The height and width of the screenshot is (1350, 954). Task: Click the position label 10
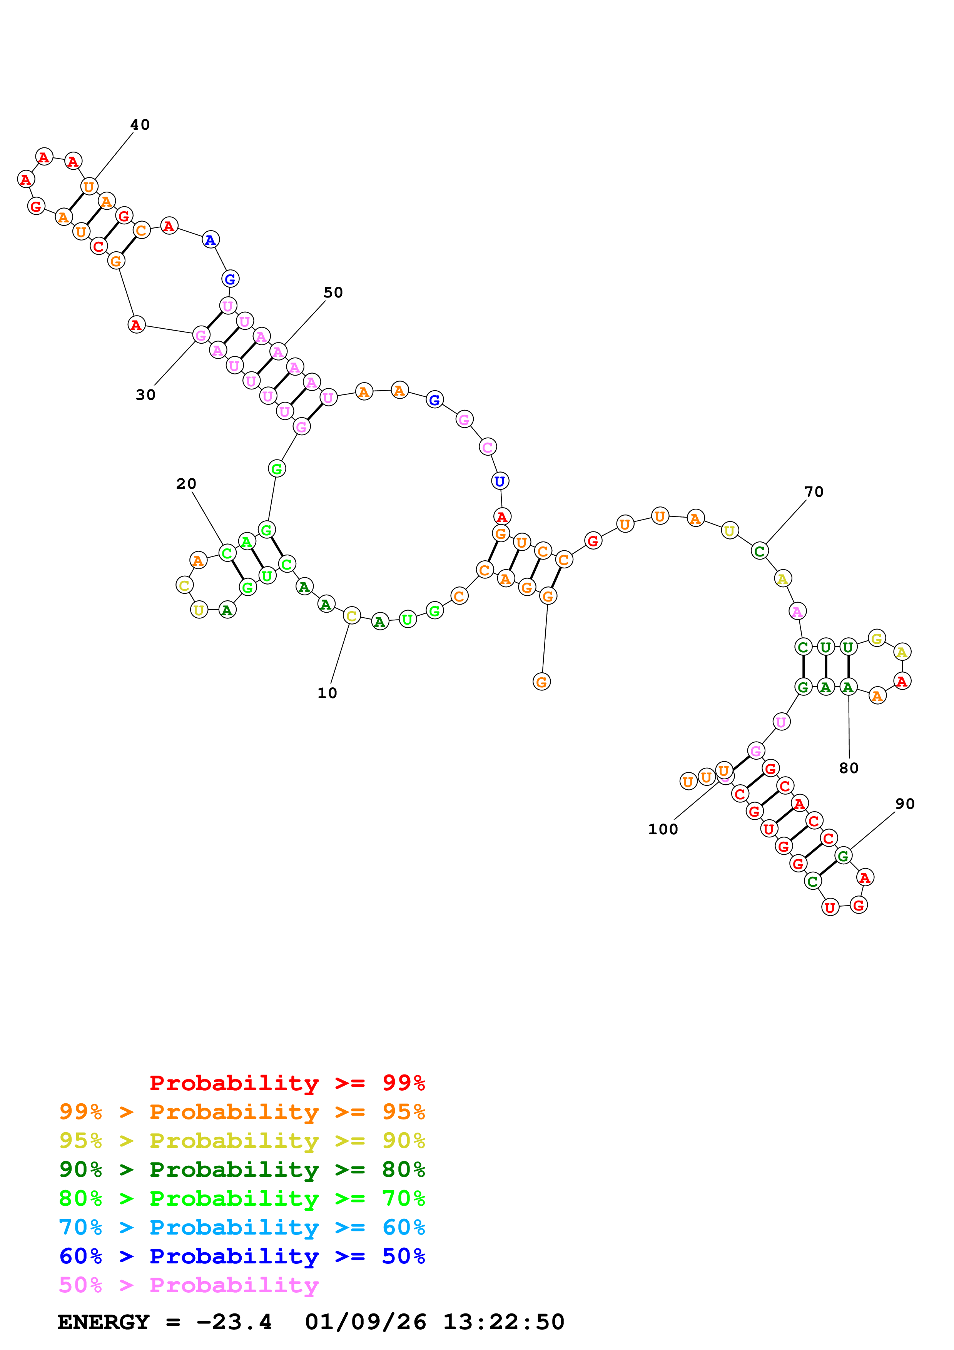click(327, 693)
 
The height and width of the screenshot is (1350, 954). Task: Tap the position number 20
click(186, 484)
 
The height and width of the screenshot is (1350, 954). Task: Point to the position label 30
click(146, 395)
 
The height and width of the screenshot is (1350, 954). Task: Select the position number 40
click(140, 125)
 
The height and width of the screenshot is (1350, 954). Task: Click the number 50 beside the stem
click(333, 293)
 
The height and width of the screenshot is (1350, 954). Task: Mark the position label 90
click(905, 804)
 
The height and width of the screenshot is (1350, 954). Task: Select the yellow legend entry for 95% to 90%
click(242, 1140)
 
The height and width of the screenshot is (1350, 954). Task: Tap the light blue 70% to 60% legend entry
click(242, 1227)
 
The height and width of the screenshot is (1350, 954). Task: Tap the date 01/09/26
click(366, 1322)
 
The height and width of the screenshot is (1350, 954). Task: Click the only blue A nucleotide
click(211, 240)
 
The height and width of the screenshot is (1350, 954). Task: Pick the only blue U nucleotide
click(500, 481)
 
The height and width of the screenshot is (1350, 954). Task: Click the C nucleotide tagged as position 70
click(759, 551)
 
